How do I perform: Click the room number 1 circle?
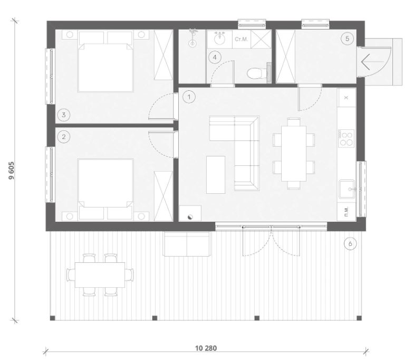click(189, 97)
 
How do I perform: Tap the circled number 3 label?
click(64, 115)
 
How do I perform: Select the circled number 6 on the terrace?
click(350, 243)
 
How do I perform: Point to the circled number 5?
click(347, 39)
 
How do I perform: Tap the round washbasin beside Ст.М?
click(219, 39)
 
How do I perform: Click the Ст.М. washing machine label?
click(242, 40)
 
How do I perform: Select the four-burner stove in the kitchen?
click(346, 138)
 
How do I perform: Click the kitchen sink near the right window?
click(347, 190)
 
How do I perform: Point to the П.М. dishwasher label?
click(346, 212)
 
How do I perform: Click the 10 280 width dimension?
click(206, 348)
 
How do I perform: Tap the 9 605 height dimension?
click(12, 170)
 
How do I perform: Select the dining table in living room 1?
click(294, 154)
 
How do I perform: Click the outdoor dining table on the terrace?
click(100, 275)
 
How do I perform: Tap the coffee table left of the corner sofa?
click(216, 175)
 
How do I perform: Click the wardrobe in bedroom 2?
click(163, 196)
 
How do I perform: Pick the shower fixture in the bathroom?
click(193, 39)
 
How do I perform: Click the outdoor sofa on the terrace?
click(187, 244)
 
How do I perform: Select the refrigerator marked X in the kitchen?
click(346, 97)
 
